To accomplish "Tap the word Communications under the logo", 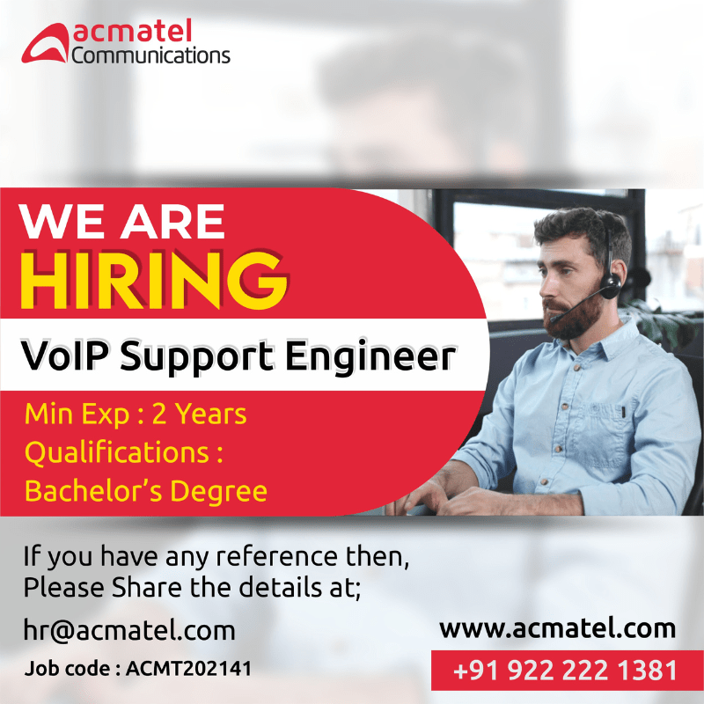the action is [x=150, y=55].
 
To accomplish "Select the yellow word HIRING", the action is [x=153, y=280].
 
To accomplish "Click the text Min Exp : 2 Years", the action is [x=136, y=414].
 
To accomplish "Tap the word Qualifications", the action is [x=117, y=452].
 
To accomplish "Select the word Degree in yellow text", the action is [x=218, y=491].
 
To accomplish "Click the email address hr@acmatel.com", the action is [x=129, y=630].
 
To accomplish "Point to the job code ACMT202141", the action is [x=188, y=669].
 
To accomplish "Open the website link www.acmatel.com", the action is [x=558, y=628].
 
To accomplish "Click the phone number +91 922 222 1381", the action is [x=566, y=671].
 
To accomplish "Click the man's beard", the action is [x=574, y=317].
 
